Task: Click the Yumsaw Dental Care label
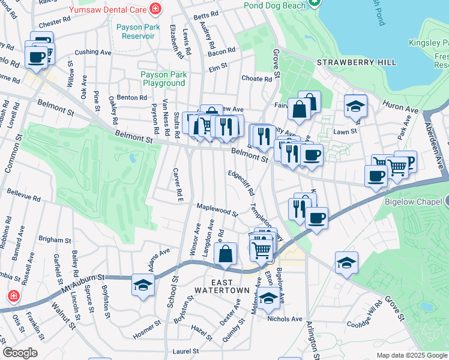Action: click(x=109, y=9)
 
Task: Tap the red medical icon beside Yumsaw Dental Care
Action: click(x=156, y=8)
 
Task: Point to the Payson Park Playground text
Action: click(x=163, y=79)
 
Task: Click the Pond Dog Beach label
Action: click(x=274, y=5)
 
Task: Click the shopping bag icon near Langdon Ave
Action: click(x=225, y=254)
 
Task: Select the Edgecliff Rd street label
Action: click(x=241, y=182)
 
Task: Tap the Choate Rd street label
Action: click(x=256, y=79)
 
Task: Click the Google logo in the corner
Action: click(x=20, y=353)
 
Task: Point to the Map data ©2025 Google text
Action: click(x=411, y=355)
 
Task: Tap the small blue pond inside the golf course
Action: click(x=131, y=158)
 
